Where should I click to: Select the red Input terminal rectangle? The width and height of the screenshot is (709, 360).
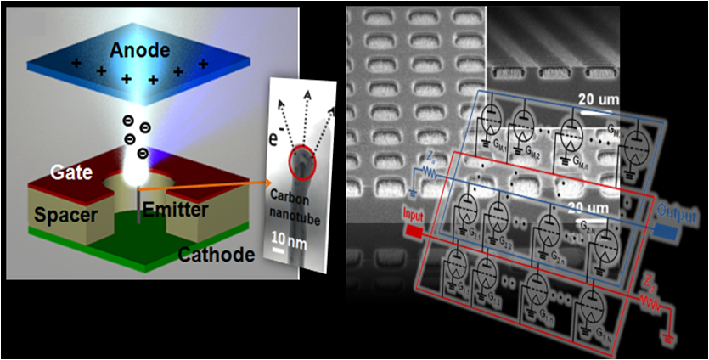[414, 230]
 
